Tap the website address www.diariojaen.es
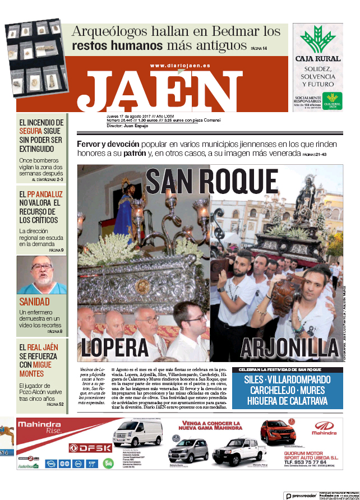click(180, 66)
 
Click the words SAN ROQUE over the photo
click(212, 182)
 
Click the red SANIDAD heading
click(34, 302)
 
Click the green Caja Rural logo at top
click(317, 39)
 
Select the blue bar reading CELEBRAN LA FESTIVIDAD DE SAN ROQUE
click(287, 370)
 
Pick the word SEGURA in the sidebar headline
click(31, 131)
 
